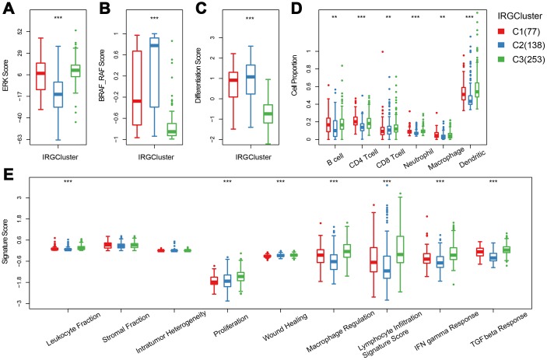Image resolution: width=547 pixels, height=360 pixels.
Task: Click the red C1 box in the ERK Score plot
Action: pos(41,75)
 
